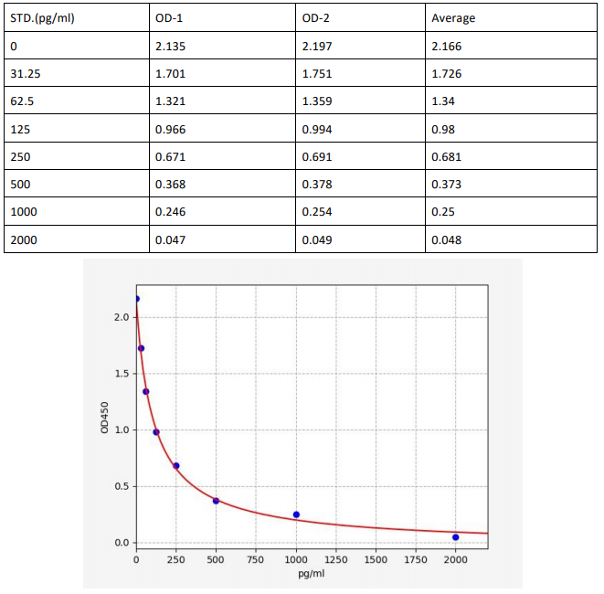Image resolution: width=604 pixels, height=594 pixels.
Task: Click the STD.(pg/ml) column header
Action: click(42, 17)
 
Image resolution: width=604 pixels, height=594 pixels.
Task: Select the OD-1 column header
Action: click(170, 17)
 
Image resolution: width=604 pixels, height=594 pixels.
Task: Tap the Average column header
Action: click(453, 17)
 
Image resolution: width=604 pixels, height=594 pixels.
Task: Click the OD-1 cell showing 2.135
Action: click(171, 45)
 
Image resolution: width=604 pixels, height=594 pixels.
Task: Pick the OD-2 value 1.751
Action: click(317, 73)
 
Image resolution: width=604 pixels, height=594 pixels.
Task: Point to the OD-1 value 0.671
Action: click(171, 156)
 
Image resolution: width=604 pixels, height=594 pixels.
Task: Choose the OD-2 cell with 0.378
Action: click(317, 185)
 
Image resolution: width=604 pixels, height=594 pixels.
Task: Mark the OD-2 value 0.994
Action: click(317, 129)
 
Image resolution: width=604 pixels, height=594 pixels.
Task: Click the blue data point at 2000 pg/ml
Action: click(455, 537)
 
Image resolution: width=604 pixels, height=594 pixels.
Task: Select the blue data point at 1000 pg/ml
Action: click(296, 514)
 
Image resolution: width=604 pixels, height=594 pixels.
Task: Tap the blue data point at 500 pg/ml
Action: click(217, 501)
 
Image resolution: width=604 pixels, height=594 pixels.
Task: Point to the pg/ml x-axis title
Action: click(312, 574)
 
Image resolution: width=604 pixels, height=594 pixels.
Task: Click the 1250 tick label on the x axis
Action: click(336, 559)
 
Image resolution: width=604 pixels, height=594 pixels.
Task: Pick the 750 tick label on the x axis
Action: click(256, 559)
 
